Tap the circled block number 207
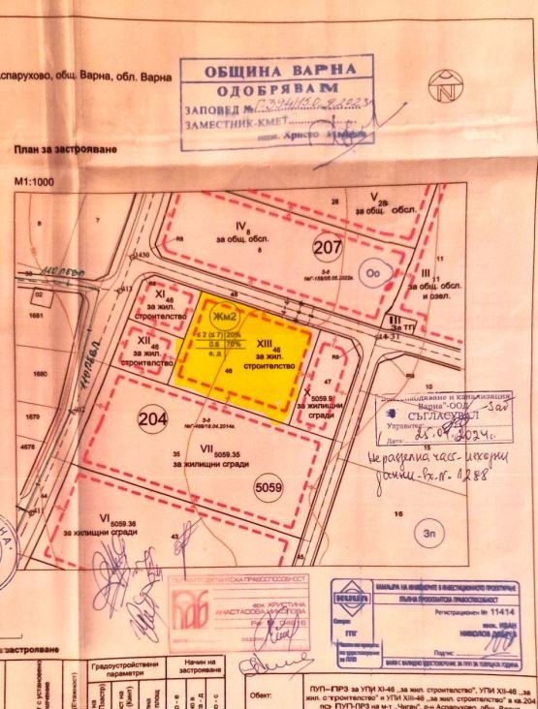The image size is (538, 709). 329,247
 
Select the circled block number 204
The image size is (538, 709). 152,420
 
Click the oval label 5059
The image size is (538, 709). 267,489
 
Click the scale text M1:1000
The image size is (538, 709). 35,181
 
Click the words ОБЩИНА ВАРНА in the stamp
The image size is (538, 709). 273,73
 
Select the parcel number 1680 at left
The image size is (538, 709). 40,373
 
